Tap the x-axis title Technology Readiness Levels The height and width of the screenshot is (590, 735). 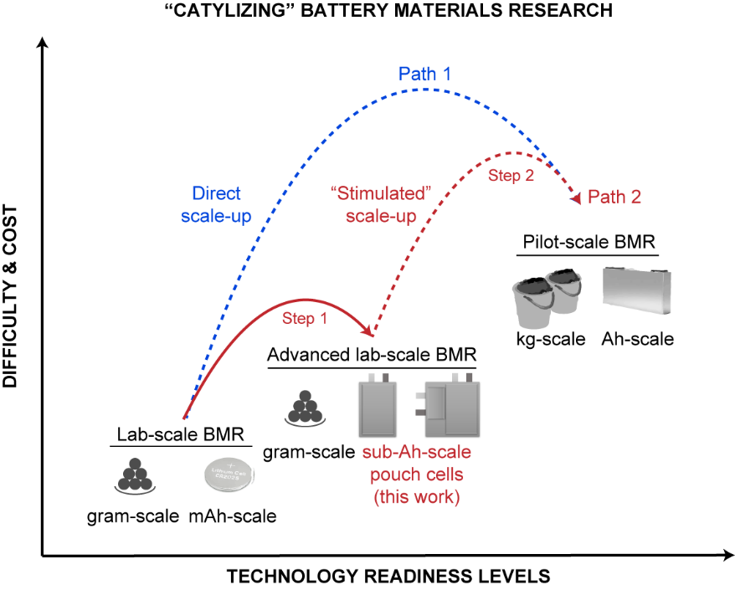pyautogui.click(x=388, y=577)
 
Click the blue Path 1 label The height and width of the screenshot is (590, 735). pyautogui.click(x=424, y=74)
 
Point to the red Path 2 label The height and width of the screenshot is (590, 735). pyautogui.click(x=614, y=198)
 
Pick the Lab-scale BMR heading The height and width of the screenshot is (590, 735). pyautogui.click(x=180, y=434)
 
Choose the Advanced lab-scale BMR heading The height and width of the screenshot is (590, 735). pyautogui.click(x=372, y=354)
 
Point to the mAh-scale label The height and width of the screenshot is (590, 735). pyautogui.click(x=232, y=516)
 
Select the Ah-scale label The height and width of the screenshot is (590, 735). pyautogui.click(x=637, y=340)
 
